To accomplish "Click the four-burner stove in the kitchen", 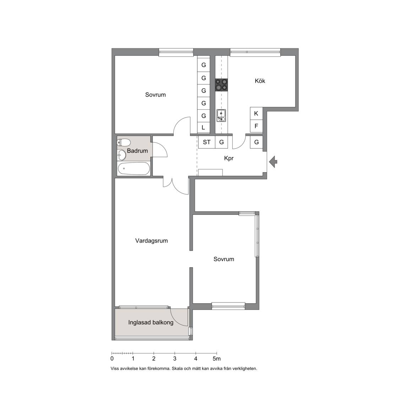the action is tap(221, 85).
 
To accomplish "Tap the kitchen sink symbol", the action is tap(221, 116).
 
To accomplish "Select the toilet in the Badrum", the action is tap(124, 142).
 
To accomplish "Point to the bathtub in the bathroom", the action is tap(134, 169).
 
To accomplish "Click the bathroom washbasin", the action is tap(121, 155).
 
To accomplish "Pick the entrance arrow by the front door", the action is tap(273, 162).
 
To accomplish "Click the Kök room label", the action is tap(260, 81).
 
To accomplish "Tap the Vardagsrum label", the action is tap(151, 241).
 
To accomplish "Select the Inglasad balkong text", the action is tap(151, 323).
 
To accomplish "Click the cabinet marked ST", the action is tap(207, 142).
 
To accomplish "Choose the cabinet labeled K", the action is tap(256, 113).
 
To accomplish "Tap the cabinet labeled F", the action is tap(256, 126).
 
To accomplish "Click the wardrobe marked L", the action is tap(203, 128).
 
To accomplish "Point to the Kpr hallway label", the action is tap(229, 158).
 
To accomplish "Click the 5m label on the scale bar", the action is tap(217, 359).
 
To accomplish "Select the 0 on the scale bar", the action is tap(112, 359).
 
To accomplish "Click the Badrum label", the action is tap(137, 151).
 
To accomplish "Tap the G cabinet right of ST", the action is tap(222, 142).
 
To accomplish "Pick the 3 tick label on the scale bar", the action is tap(175, 359).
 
